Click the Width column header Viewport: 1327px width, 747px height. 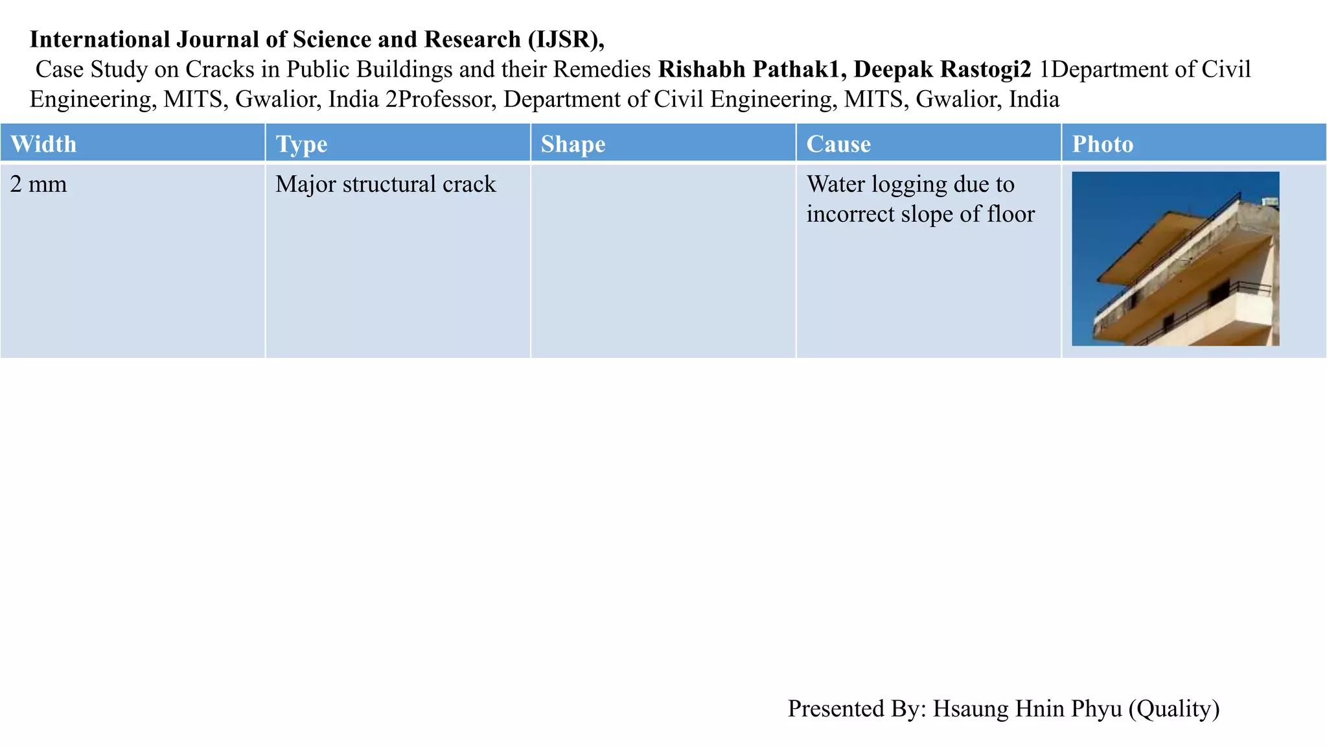[43, 144]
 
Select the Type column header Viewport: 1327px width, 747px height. [301, 144]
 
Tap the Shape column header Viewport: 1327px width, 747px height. [573, 144]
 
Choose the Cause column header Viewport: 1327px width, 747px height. [838, 144]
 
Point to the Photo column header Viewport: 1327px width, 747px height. [1102, 144]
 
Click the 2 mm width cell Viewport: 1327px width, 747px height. [39, 185]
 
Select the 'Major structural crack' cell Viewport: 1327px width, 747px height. [386, 185]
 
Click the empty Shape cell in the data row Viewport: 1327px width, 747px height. [663, 260]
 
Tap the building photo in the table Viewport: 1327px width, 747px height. [1175, 258]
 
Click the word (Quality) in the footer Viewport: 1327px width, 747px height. [1173, 709]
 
